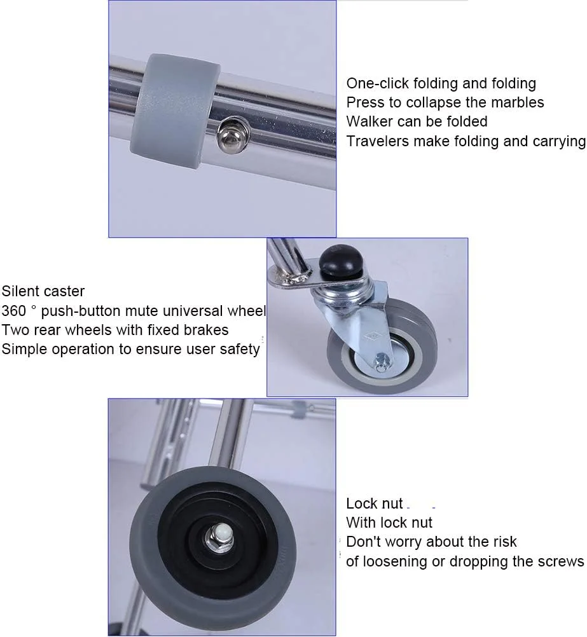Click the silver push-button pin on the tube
coord(230,135)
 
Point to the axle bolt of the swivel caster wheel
coord(381,361)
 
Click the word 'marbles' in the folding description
coord(519,102)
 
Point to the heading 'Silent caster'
coord(43,291)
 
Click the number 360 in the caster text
coord(14,311)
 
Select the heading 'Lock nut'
coord(375,503)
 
